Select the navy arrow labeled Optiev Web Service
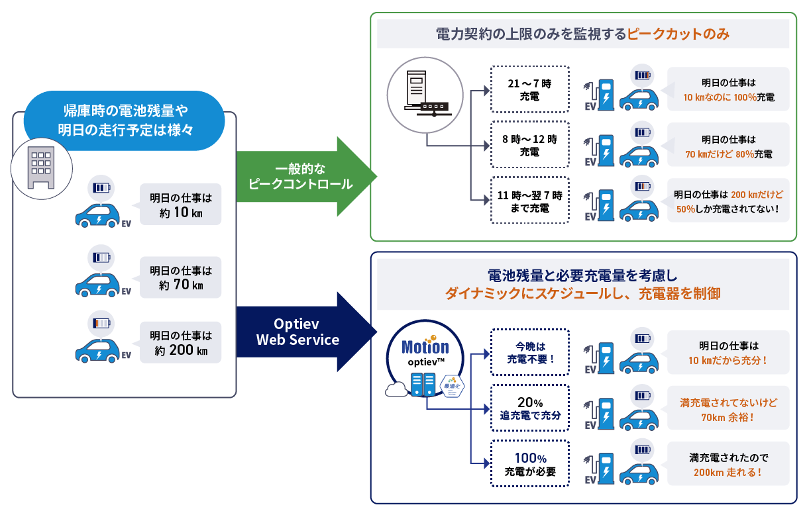click(298, 332)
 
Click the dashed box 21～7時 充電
click(529, 90)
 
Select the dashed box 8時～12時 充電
click(529, 146)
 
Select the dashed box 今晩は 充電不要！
click(529, 353)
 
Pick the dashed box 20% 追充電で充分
click(529, 408)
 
